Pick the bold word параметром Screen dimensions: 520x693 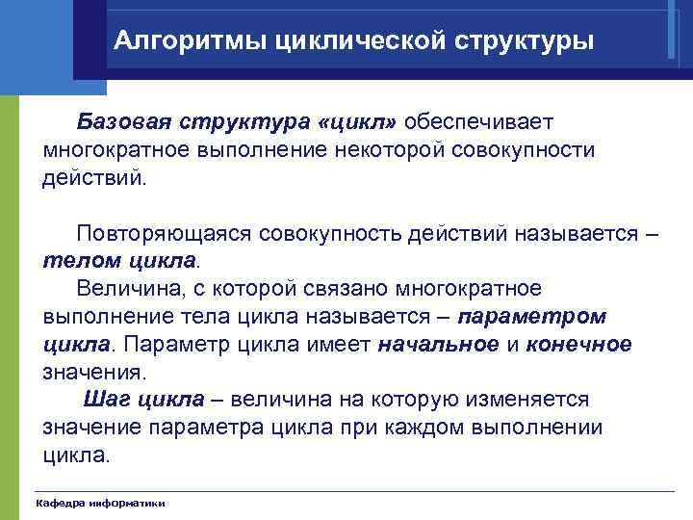pyautogui.click(x=532, y=316)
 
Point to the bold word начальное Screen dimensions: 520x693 pyautogui.click(x=439, y=344)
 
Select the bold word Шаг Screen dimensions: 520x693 pyautogui.click(x=106, y=399)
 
